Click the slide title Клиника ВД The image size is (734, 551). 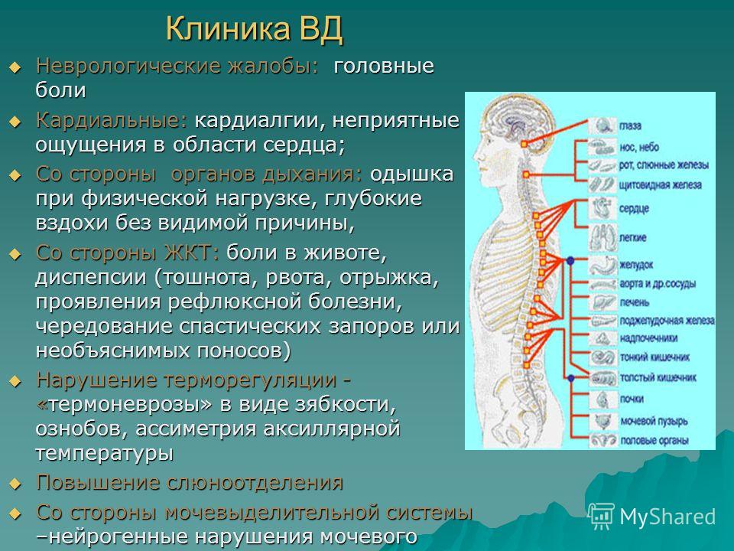coord(255,29)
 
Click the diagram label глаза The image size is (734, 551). coord(630,126)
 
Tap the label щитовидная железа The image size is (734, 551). coord(660,185)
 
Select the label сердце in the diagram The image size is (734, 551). coord(633,208)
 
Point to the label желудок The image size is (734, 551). coord(635,265)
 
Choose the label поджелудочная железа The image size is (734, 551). coord(667,321)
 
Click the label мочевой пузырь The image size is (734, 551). coord(654,421)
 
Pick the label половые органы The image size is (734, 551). coord(654,441)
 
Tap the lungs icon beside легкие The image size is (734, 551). coord(602,236)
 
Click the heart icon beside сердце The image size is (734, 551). coord(602,208)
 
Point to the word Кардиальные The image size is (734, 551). coord(112,121)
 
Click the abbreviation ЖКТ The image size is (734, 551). coord(191,253)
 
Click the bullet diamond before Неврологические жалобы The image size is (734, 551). coord(15,67)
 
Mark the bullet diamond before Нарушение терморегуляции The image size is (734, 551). coord(15,381)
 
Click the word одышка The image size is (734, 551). coord(412,174)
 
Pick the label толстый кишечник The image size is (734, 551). coord(658,377)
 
